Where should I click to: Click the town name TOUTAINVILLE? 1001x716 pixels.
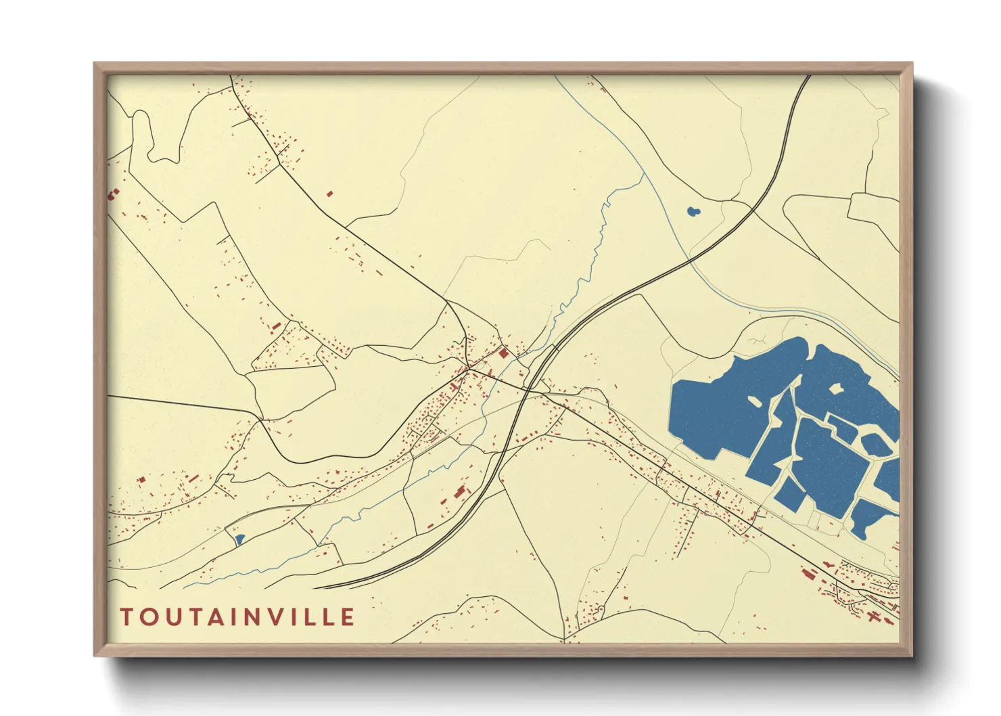(x=237, y=617)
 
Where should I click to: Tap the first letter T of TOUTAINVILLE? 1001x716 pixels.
(x=126, y=617)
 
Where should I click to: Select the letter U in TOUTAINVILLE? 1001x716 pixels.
(x=172, y=617)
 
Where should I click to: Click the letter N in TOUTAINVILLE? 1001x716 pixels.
(x=257, y=617)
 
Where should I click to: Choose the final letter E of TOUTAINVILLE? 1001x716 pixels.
(x=348, y=617)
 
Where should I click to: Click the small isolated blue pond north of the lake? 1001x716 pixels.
(x=693, y=212)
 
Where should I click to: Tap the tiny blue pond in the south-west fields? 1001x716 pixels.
(x=239, y=539)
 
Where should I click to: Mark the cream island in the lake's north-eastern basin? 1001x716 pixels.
(x=836, y=388)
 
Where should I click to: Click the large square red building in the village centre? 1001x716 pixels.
(x=503, y=353)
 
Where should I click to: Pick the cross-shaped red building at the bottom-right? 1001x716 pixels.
(x=873, y=617)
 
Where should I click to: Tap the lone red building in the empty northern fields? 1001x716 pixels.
(x=330, y=194)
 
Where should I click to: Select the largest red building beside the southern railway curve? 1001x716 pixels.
(x=461, y=491)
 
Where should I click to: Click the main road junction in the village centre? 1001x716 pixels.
(x=468, y=369)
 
